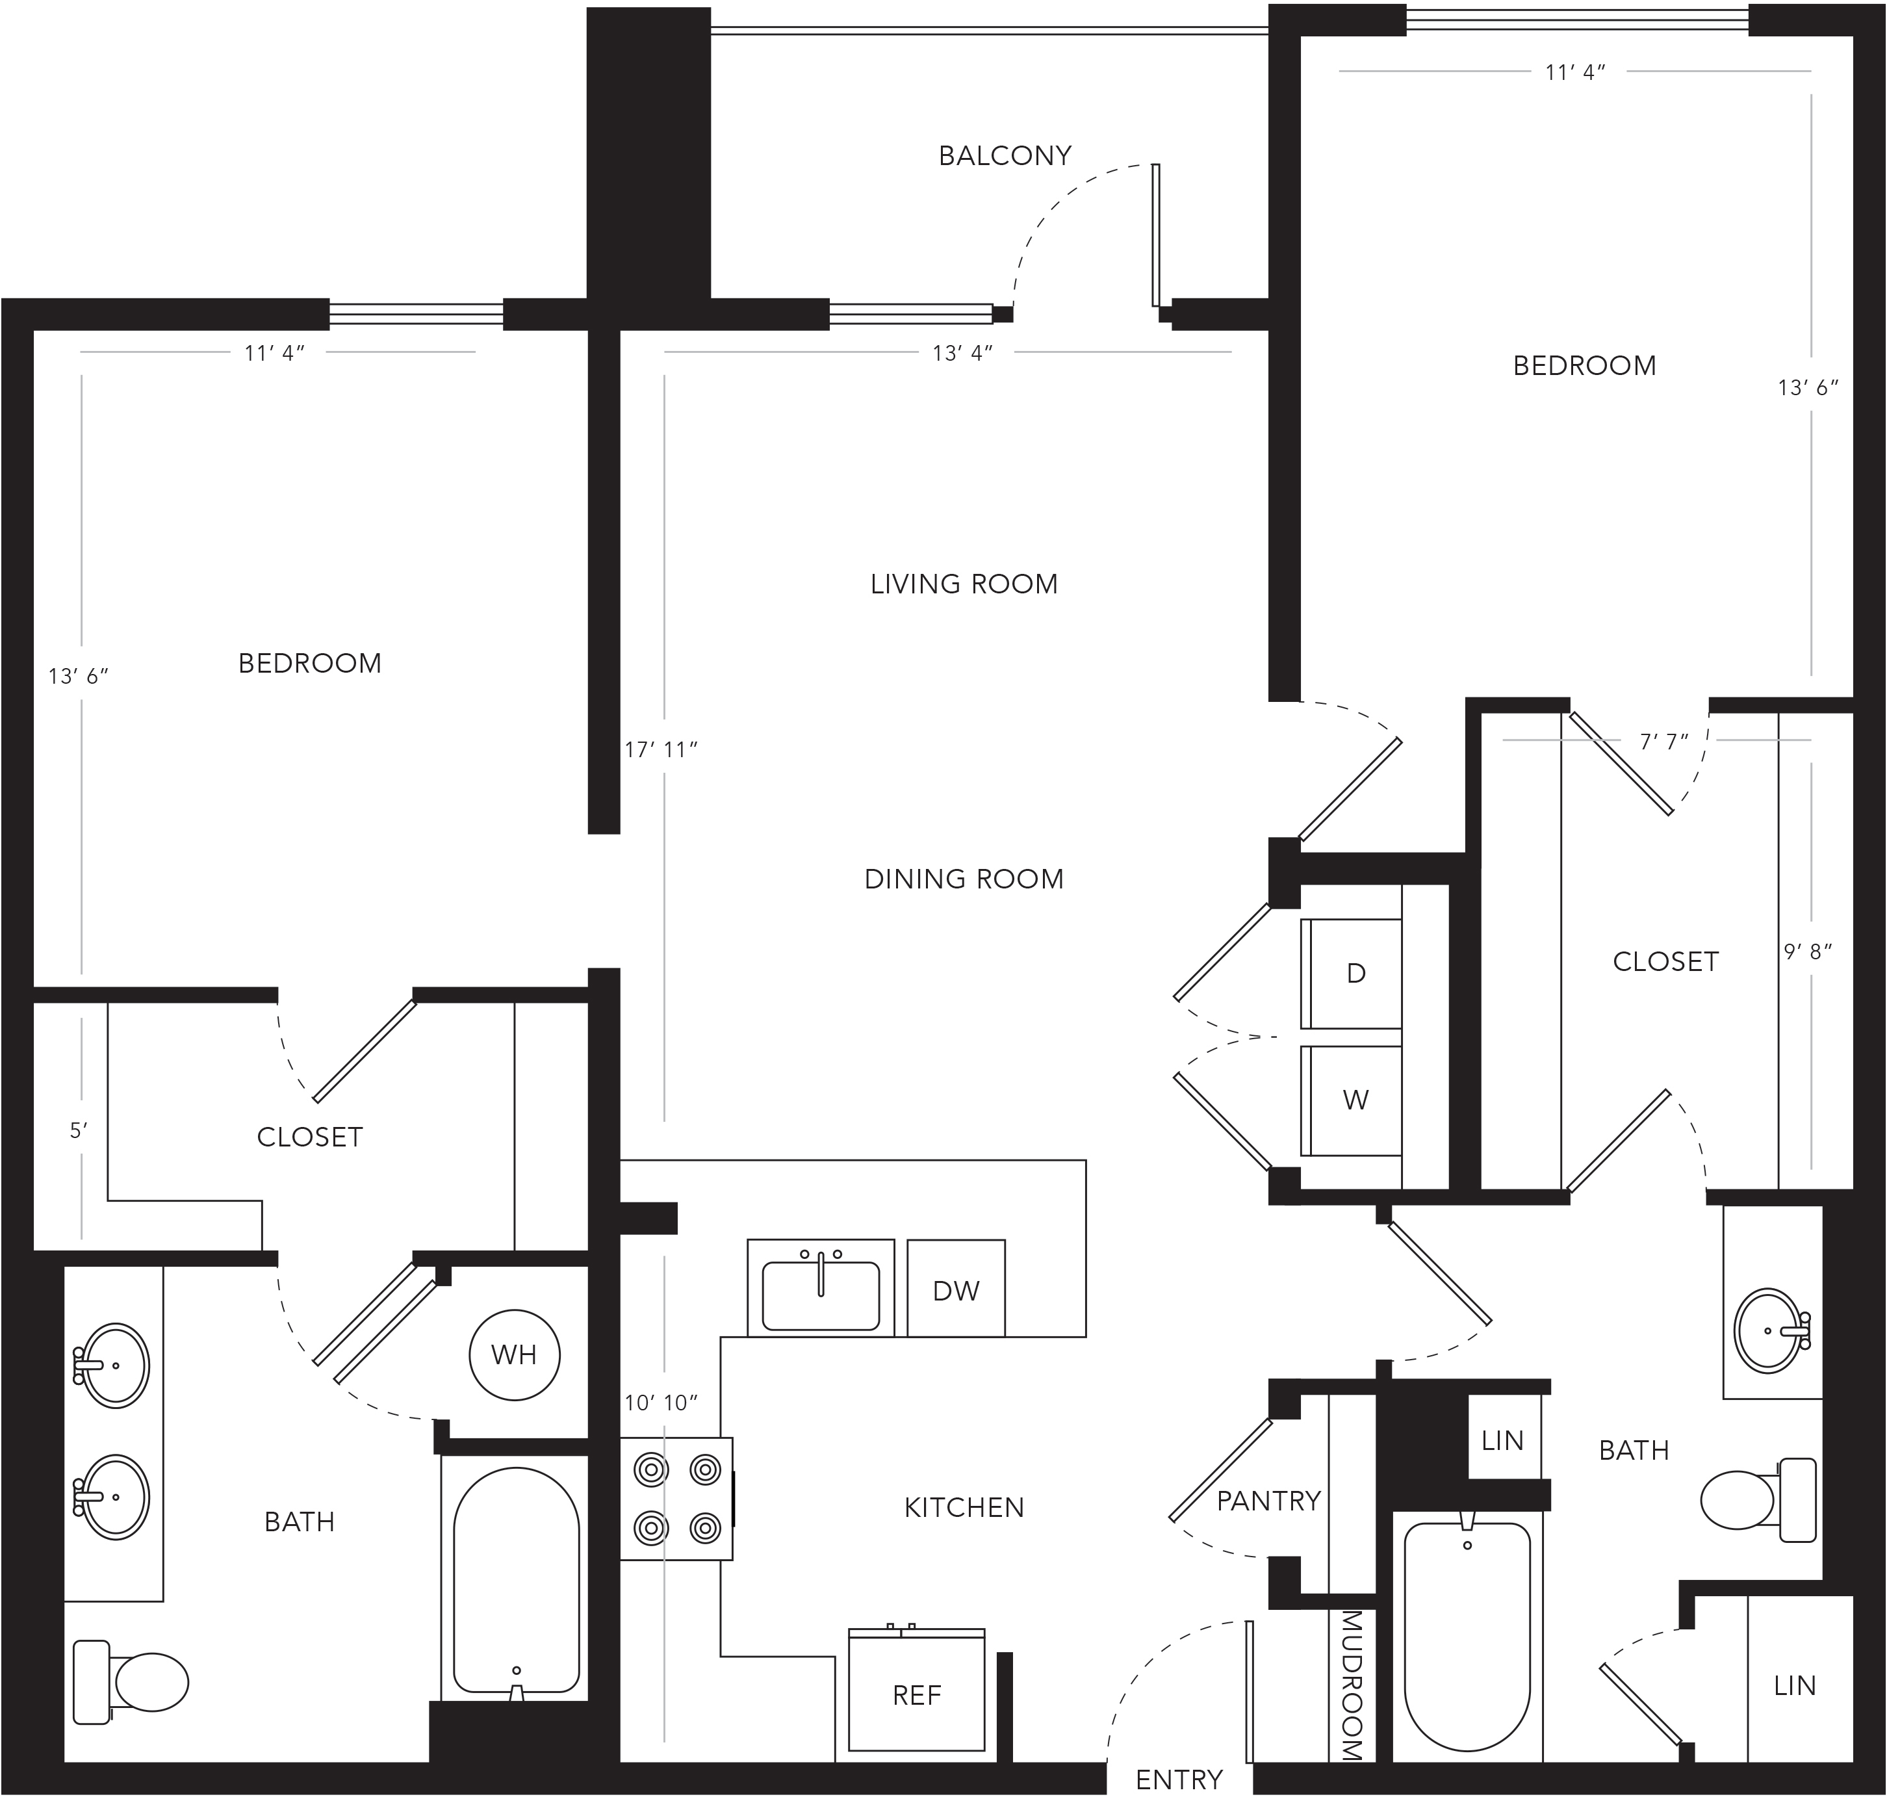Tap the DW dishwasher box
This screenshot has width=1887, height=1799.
956,1288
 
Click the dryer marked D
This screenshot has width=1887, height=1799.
1351,974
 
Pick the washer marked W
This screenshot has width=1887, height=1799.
1351,1100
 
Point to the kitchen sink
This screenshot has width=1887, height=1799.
821,1288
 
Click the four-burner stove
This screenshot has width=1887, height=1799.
677,1499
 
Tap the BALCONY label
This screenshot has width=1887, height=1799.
1005,155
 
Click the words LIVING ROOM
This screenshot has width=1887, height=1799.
964,584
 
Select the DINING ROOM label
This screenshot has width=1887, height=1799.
964,879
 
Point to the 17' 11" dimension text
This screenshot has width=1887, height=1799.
661,750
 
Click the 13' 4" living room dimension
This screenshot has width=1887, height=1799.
962,353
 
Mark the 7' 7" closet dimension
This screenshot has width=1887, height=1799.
1663,742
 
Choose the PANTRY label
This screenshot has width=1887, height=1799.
1268,1501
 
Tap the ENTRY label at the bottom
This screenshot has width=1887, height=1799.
1179,1780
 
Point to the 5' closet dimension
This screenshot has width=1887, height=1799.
79,1131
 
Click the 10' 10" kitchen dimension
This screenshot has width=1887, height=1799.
661,1403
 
